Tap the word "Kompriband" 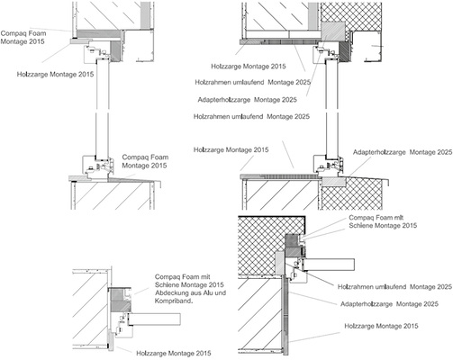click(x=173, y=301)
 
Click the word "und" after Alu click(x=221, y=292)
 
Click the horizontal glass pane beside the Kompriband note click(x=155, y=319)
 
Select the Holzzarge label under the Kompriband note click(x=174, y=354)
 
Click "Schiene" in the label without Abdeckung click(x=360, y=225)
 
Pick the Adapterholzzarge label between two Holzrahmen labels click(x=247, y=100)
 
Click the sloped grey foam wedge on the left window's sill click(x=132, y=179)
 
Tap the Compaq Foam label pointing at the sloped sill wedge click(x=145, y=161)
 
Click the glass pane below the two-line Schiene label click(x=330, y=265)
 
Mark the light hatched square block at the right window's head click(x=333, y=31)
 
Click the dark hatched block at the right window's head click(x=344, y=51)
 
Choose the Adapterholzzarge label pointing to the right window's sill click(x=403, y=152)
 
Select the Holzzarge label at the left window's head click(x=55, y=74)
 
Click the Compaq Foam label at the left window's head click(x=23, y=37)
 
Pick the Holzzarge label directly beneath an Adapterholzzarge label click(x=381, y=326)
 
